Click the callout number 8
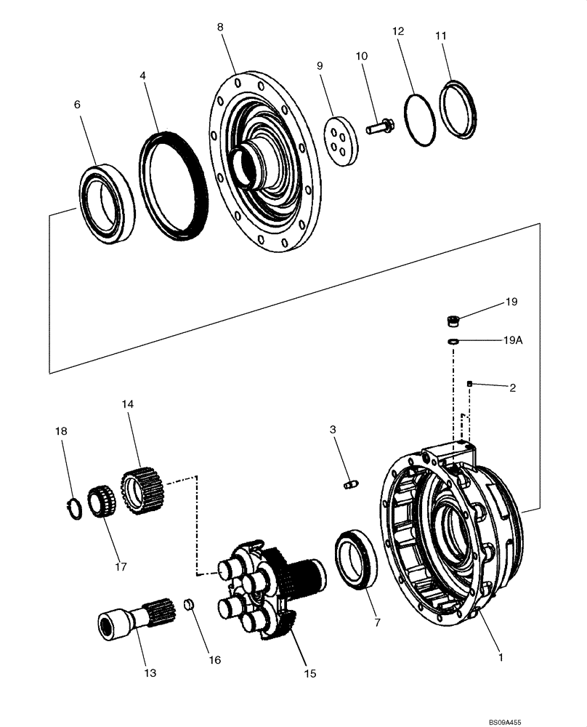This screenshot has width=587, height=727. (x=220, y=27)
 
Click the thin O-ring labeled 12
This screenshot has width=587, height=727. (x=419, y=120)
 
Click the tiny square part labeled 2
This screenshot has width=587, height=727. (x=471, y=383)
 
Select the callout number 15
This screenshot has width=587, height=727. (x=310, y=674)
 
